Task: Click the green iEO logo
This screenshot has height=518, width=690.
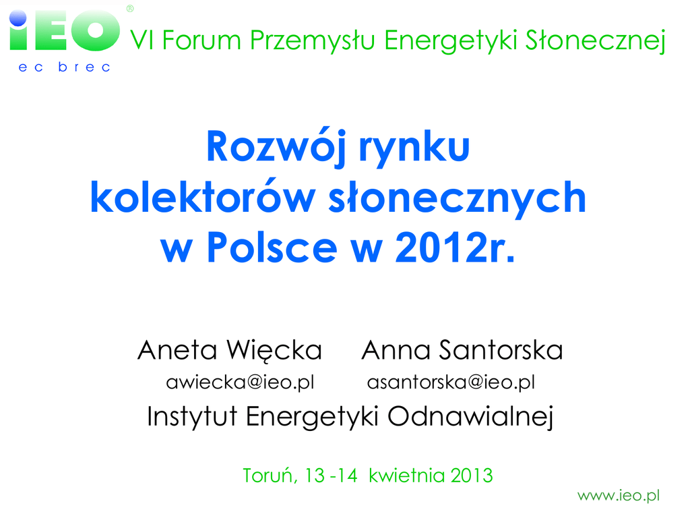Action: click(64, 31)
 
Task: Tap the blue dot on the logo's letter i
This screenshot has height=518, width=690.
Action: click(18, 18)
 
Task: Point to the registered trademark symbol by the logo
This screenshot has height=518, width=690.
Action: click(130, 8)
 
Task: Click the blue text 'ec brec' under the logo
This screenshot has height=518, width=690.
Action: click(64, 67)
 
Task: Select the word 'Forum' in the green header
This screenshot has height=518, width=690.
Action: click(201, 40)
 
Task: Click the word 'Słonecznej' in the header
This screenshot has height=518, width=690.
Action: click(596, 41)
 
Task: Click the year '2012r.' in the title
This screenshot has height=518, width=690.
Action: click(455, 248)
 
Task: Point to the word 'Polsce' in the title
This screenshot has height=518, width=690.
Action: click(272, 248)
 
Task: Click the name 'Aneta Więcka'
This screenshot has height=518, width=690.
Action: click(230, 351)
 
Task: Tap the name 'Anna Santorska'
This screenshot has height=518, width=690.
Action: click(462, 351)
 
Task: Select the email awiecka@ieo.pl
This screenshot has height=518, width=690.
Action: click(241, 382)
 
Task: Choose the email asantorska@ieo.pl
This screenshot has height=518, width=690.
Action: click(451, 382)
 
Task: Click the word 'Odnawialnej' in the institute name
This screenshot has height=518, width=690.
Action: click(470, 416)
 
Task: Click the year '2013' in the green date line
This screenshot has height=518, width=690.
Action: click(471, 476)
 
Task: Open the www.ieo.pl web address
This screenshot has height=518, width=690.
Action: click(619, 496)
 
